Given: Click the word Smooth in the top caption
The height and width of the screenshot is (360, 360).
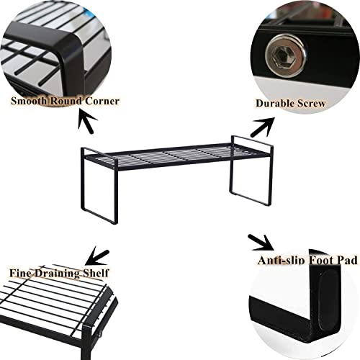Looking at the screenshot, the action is pos(29,101).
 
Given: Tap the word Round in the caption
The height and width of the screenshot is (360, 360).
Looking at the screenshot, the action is pos(66,101).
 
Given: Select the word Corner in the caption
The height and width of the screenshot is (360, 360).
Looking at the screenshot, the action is pos(102,101).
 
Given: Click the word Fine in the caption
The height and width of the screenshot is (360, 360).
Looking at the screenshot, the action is pos(20,273).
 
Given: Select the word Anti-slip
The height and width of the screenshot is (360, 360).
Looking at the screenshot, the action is pos(282,261).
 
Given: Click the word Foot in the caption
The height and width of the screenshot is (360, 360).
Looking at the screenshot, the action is pos(320,261).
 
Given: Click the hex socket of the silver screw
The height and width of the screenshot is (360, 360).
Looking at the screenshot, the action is pos(285,58).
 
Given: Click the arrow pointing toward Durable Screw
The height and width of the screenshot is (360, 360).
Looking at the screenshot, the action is pos(262,127).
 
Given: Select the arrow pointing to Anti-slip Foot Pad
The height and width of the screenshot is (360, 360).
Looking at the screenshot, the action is pos(261,243).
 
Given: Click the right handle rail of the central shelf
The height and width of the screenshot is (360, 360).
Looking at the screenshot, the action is pos(252,141).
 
